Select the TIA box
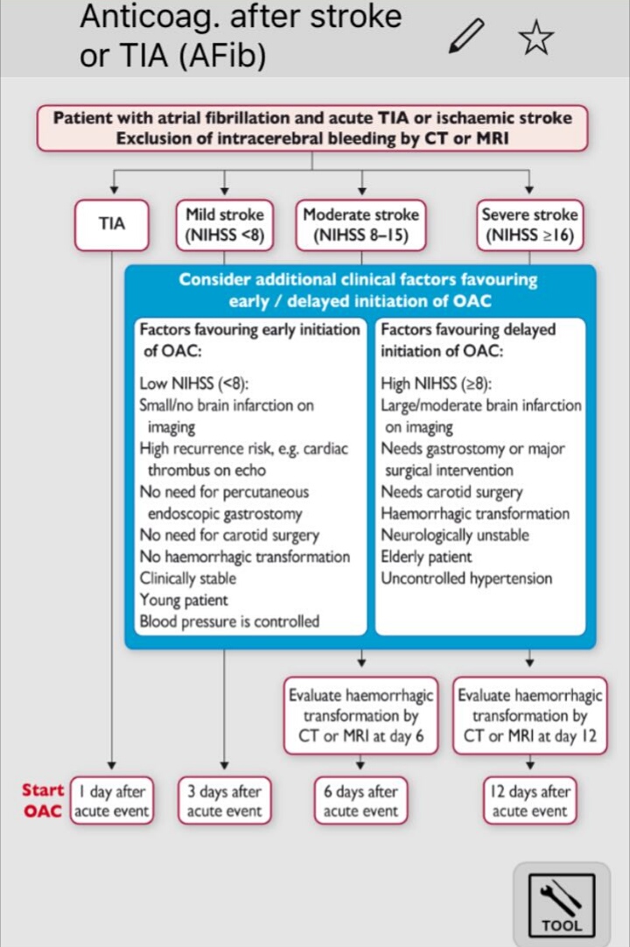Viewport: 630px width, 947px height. [x=111, y=224]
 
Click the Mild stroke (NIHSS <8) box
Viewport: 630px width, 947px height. [x=225, y=224]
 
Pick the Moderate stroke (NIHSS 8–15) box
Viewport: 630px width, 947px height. [x=361, y=224]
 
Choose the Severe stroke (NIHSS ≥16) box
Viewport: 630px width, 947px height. [x=529, y=224]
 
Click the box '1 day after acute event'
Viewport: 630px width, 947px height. [x=111, y=801]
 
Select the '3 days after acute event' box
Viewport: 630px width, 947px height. [x=225, y=801]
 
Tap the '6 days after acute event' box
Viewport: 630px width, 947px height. [x=361, y=801]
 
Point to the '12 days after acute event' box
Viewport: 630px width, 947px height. [x=529, y=801]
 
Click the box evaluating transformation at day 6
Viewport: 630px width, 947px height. [x=361, y=716]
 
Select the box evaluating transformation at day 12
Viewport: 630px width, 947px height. [x=529, y=716]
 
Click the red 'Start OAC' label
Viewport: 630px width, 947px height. [x=43, y=801]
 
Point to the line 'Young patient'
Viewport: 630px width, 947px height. [x=184, y=600]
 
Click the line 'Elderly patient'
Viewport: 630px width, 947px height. [x=426, y=557]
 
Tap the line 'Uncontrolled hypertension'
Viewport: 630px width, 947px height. [x=466, y=579]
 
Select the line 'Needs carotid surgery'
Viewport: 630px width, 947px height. [x=451, y=492]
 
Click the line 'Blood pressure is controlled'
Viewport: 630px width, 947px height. [x=229, y=621]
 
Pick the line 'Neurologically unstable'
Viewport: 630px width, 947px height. [x=455, y=535]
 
